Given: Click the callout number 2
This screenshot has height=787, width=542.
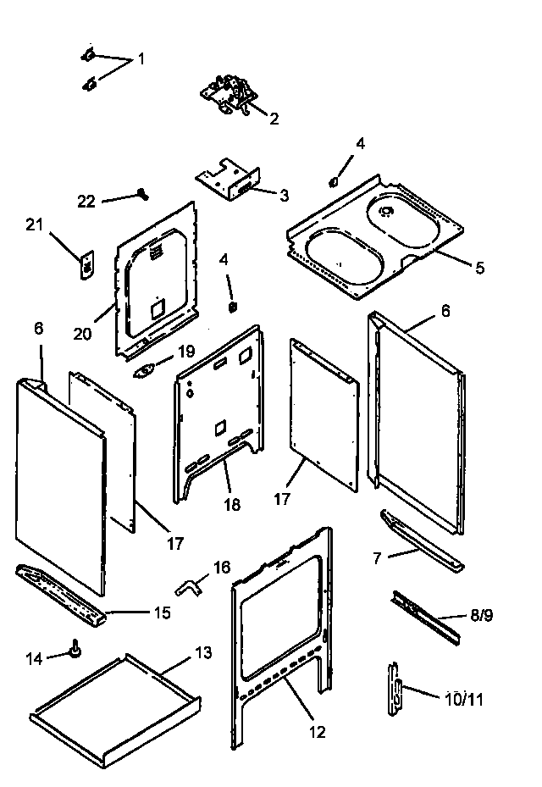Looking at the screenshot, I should click(x=274, y=119).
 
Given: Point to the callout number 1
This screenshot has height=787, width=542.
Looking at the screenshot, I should click(x=141, y=59).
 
